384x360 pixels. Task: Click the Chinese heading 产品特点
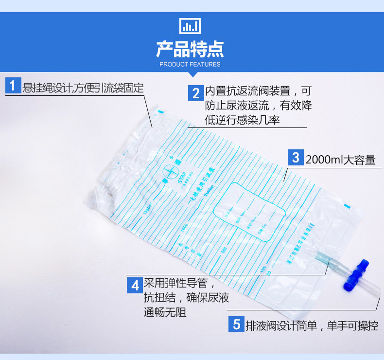click(x=190, y=49)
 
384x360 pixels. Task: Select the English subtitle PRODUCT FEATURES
click(x=190, y=64)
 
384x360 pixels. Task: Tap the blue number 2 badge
click(x=196, y=92)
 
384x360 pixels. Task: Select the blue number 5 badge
click(x=237, y=324)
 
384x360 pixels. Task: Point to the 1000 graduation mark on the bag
click(x=183, y=227)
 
